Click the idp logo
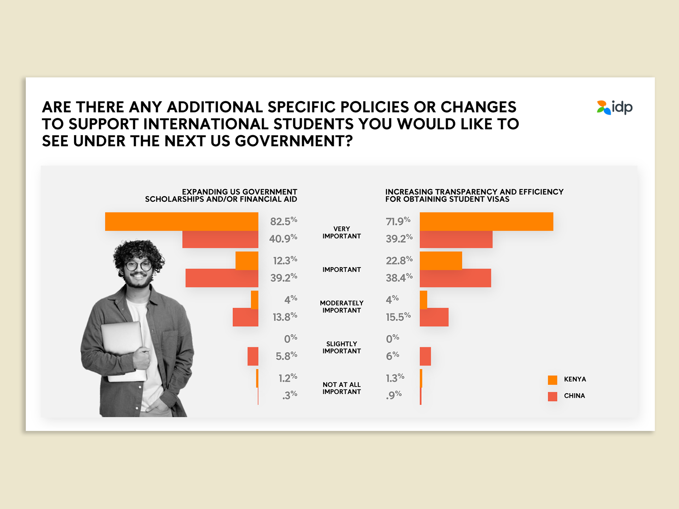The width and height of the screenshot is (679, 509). (x=615, y=107)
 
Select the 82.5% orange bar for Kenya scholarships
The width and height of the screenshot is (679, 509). (x=181, y=221)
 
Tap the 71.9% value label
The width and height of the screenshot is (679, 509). (x=398, y=221)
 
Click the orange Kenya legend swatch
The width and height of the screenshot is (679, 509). (x=552, y=380)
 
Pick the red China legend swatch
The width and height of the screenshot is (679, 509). (x=552, y=396)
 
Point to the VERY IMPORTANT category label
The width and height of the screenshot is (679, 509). (x=342, y=233)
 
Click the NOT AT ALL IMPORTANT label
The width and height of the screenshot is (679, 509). (x=342, y=388)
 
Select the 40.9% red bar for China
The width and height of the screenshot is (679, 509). (x=220, y=239)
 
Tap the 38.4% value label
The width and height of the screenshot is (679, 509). (x=399, y=278)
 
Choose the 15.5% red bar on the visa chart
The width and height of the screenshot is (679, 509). (x=434, y=317)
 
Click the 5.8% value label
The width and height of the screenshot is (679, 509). (x=286, y=356)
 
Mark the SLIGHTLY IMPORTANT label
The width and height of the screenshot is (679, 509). (x=342, y=347)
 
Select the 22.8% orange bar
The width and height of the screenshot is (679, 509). (x=441, y=261)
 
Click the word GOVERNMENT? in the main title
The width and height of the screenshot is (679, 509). (x=294, y=141)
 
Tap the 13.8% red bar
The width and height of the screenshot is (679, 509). (x=245, y=317)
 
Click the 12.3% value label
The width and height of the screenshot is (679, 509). (x=285, y=261)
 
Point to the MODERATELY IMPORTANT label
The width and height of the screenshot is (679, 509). (x=342, y=307)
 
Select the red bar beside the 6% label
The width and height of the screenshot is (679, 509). (x=425, y=356)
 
